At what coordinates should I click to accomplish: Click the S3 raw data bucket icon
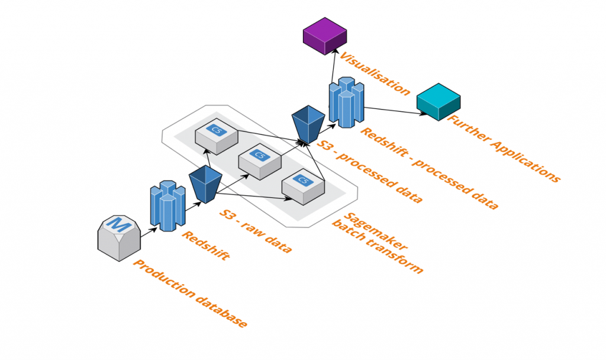click(205, 184)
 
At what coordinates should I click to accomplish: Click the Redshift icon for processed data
click(346, 102)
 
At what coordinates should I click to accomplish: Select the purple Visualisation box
click(324, 36)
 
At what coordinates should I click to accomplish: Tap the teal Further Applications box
click(438, 102)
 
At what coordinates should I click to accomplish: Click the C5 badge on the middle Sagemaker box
click(259, 155)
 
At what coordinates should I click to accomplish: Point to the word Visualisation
click(373, 74)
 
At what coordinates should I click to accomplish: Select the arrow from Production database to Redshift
click(147, 229)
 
